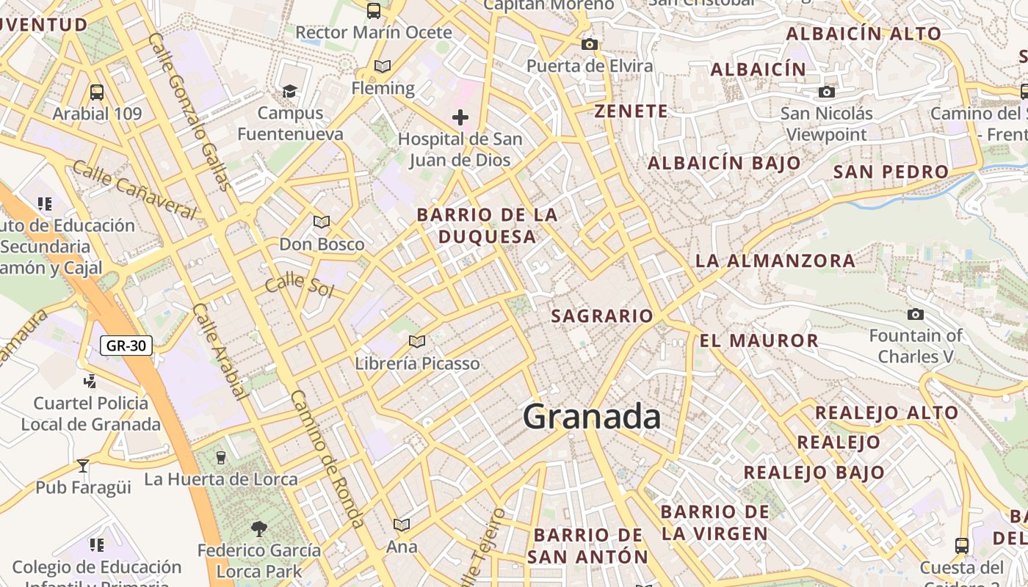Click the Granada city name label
coord(592,417)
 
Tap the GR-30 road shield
coord(126,345)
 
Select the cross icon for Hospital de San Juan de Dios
coord(460,117)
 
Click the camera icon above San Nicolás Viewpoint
coord(827,92)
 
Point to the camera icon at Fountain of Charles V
coord(916,314)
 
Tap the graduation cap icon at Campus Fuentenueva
coord(290,91)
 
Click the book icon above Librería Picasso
coord(417,341)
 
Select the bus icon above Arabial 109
coord(97,92)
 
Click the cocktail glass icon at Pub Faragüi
coord(83,466)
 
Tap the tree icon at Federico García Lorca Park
coord(258,528)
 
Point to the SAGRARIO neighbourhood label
coord(601,316)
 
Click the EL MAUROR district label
coord(759,340)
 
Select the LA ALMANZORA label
coord(775,260)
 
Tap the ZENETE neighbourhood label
coord(631,112)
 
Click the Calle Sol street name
coord(300,285)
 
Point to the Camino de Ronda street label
coord(327,459)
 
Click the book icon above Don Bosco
coord(322,222)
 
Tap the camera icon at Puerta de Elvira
coord(589,45)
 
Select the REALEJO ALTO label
coord(886,412)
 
